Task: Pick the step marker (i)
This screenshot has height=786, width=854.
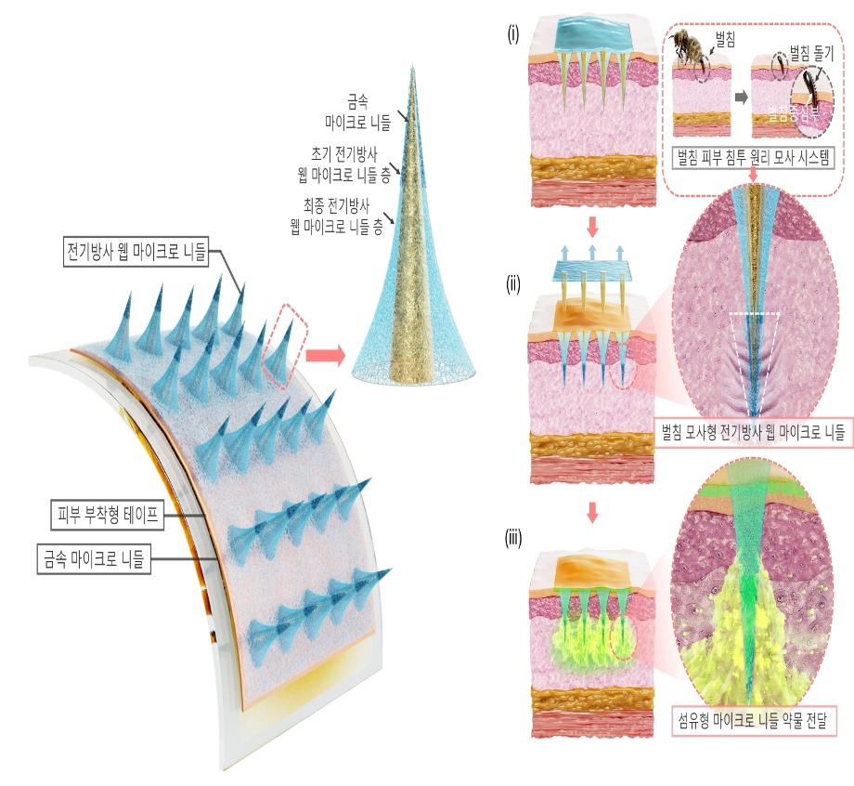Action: [511, 35]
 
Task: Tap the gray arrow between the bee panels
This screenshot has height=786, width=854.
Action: [741, 96]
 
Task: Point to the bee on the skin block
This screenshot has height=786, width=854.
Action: [690, 47]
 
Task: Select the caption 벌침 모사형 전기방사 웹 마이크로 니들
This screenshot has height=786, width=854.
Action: [753, 431]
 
